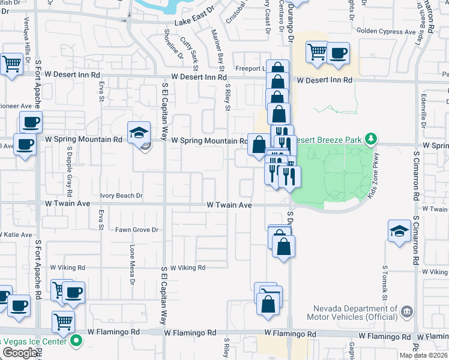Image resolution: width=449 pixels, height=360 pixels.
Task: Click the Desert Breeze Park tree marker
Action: click(x=371, y=139)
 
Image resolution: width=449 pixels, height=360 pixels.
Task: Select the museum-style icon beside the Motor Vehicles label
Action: click(x=407, y=311)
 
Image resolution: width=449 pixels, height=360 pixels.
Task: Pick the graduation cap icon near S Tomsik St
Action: click(x=399, y=231)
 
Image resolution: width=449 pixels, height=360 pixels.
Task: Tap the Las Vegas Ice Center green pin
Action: click(x=76, y=343)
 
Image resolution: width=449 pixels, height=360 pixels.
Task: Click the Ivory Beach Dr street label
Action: click(x=122, y=196)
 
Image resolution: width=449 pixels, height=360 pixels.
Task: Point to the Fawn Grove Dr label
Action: click(x=137, y=230)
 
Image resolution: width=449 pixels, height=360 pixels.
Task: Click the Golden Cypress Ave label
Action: click(x=386, y=31)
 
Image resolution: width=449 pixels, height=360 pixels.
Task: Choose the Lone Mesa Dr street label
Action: click(x=131, y=261)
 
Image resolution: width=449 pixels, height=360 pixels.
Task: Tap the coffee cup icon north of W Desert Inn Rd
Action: click(x=337, y=52)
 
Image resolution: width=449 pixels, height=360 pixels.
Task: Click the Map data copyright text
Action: click(x=423, y=355)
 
